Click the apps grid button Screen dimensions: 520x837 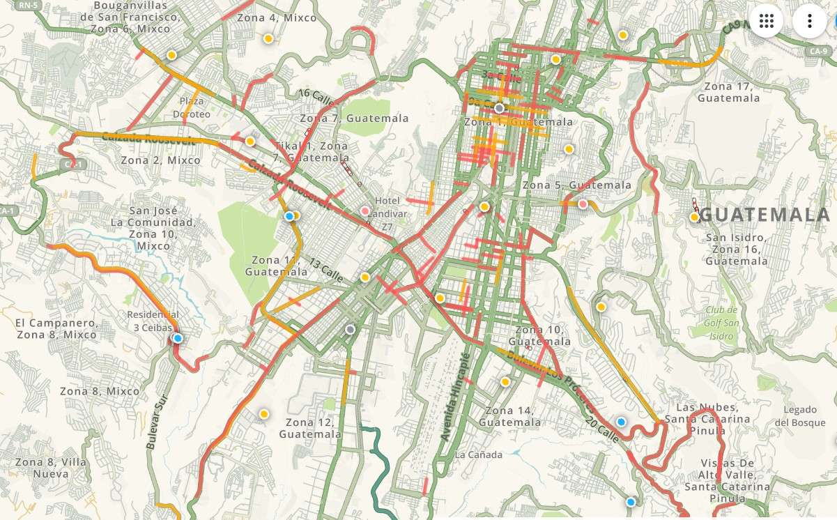(x=767, y=21)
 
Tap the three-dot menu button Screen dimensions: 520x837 (x=809, y=21)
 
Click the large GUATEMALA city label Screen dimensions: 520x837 (x=765, y=215)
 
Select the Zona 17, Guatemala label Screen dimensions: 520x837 (x=728, y=92)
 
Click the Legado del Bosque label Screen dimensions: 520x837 (x=799, y=416)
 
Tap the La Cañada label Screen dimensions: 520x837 (x=478, y=455)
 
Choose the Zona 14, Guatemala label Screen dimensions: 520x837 (x=509, y=416)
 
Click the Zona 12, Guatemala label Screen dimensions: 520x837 (x=310, y=428)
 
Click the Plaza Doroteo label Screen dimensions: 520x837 (x=191, y=107)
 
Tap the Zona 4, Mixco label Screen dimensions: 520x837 (x=277, y=18)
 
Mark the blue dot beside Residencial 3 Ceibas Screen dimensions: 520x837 (x=178, y=338)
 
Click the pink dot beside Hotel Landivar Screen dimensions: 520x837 (x=364, y=211)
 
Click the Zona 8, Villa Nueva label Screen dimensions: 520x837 (x=42, y=468)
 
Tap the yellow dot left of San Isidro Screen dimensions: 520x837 (x=694, y=217)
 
